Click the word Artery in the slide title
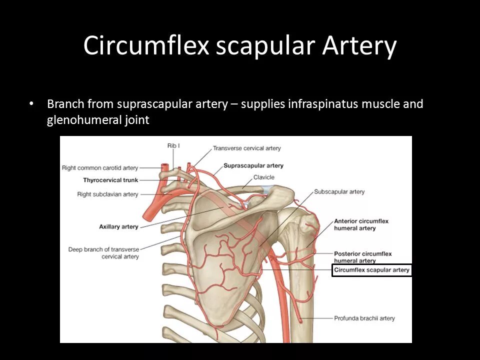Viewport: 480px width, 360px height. click(359, 46)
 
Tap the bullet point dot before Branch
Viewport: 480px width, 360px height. click(31, 104)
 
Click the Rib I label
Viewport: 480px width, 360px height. click(173, 145)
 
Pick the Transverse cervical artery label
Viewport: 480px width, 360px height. click(246, 148)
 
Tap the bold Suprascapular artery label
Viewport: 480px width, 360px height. click(253, 165)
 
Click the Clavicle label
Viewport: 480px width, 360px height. click(263, 177)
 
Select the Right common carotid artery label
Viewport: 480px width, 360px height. click(100, 168)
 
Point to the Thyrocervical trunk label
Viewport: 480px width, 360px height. click(110, 180)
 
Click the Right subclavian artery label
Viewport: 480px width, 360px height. click(107, 194)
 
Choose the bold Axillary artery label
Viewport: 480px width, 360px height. click(118, 226)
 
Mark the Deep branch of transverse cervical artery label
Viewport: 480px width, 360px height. click(104, 252)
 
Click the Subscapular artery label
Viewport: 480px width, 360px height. click(339, 191)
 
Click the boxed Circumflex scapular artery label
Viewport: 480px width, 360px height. click(371, 270)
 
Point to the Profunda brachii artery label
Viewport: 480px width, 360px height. click(364, 318)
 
